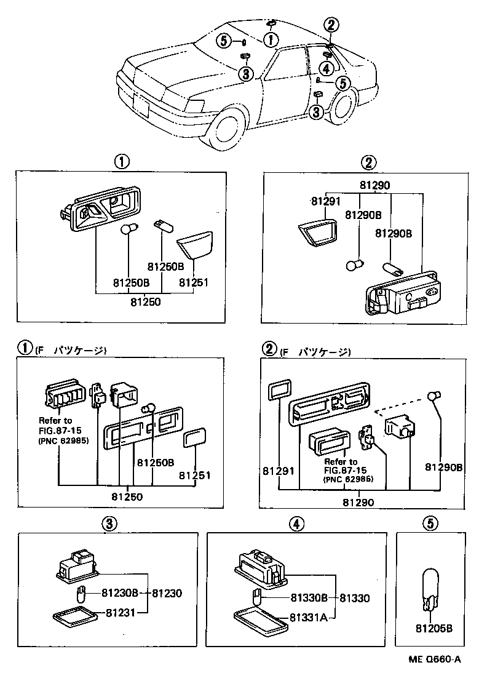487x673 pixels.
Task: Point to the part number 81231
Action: pos(120,613)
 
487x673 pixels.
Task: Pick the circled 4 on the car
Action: pos(326,67)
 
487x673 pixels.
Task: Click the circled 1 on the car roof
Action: pos(269,40)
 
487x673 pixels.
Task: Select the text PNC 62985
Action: pos(63,441)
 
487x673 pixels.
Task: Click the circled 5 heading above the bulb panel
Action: pos(430,524)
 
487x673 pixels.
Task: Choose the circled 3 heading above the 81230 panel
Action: pos(108,524)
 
